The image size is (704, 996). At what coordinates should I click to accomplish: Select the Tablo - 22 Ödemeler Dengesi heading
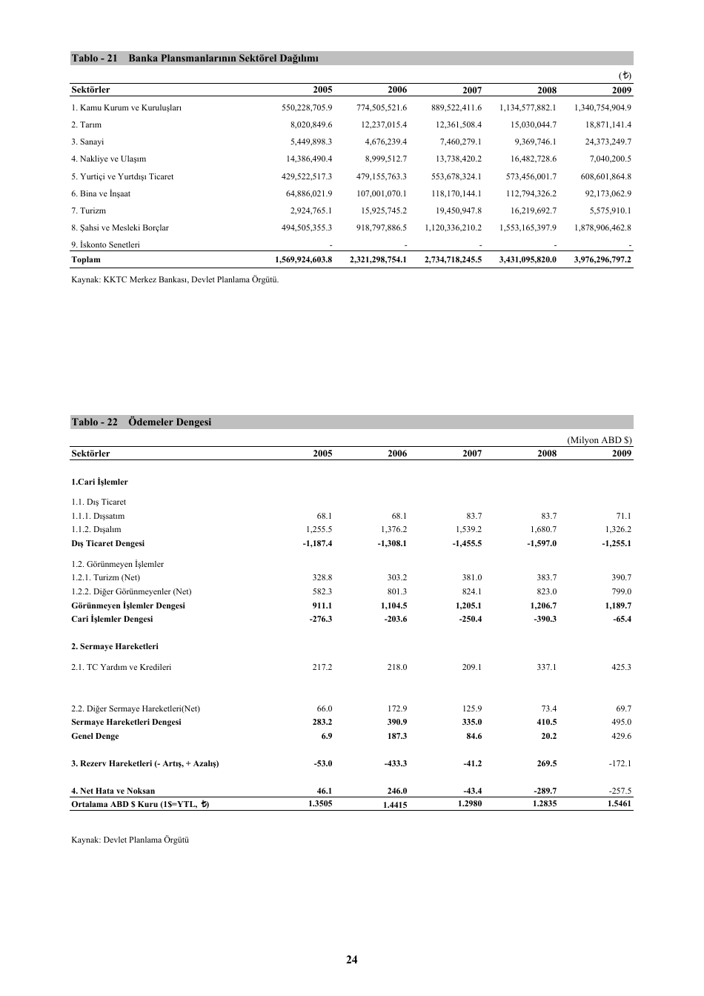pyautogui.click(x=141, y=422)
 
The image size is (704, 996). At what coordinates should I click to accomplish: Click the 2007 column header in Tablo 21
pyautogui.click(x=471, y=90)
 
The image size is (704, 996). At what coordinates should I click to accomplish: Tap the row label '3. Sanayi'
pyautogui.click(x=87, y=142)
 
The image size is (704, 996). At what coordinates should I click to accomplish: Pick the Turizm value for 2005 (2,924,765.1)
pyautogui.click(x=311, y=210)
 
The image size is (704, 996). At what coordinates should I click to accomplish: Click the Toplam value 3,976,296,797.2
pyautogui.click(x=602, y=260)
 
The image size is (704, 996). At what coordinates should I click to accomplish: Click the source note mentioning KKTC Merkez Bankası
pyautogui.click(x=175, y=279)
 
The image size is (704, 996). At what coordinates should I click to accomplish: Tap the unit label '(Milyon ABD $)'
pyautogui.click(x=599, y=439)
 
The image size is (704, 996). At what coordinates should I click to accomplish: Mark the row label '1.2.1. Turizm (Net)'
pyautogui.click(x=105, y=577)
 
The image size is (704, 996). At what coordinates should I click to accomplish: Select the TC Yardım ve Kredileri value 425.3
pyautogui.click(x=621, y=667)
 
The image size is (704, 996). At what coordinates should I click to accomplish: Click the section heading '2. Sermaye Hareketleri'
pyautogui.click(x=114, y=646)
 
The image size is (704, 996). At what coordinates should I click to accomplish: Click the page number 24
pyautogui.click(x=351, y=960)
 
